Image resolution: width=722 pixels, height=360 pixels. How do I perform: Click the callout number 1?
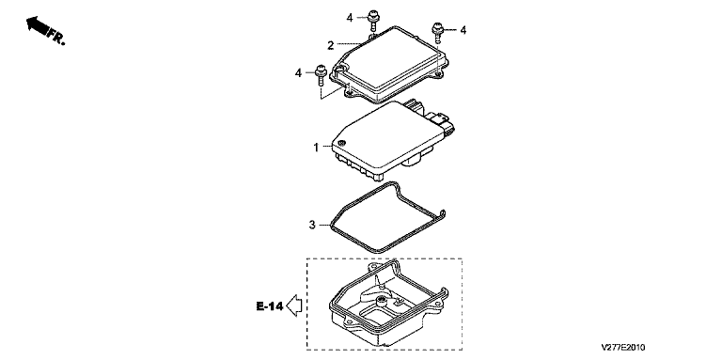(x=316, y=148)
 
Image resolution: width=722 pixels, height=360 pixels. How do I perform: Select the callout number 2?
(x=331, y=45)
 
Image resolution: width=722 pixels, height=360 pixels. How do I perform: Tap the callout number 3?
(x=312, y=225)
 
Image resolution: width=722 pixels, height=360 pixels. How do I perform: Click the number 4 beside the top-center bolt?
(x=350, y=18)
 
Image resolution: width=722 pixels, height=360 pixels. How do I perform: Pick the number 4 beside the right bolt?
(x=463, y=30)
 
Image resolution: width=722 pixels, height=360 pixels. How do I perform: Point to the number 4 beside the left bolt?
(x=298, y=72)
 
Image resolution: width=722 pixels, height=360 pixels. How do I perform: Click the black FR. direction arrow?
(x=37, y=24)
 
